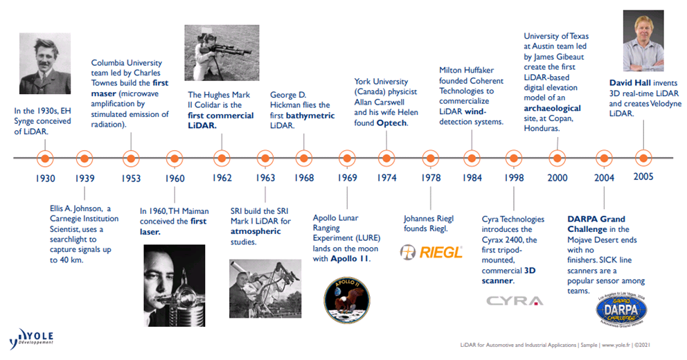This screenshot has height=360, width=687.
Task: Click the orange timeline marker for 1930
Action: tap(45, 158)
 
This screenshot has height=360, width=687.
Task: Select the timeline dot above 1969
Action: tap(347, 158)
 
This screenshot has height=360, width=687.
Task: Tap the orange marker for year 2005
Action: tap(643, 158)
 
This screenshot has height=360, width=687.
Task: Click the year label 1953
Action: tap(131, 178)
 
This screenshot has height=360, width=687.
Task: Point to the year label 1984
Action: tap(472, 178)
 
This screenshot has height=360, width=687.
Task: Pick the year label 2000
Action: tap(557, 178)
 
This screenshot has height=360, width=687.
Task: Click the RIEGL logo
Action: tap(431, 252)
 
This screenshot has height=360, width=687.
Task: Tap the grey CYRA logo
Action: tap(515, 301)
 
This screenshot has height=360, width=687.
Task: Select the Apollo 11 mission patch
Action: tap(347, 300)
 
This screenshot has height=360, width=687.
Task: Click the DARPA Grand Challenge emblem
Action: tap(621, 309)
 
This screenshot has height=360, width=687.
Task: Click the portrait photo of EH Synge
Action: tap(45, 64)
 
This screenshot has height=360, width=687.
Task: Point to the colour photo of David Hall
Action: tap(643, 41)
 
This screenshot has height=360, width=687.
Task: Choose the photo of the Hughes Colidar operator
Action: tap(222, 53)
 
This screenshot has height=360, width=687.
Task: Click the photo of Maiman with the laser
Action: tap(175, 285)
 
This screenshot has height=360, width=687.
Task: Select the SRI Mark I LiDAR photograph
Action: tap(265, 289)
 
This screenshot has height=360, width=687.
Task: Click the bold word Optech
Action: tap(392, 123)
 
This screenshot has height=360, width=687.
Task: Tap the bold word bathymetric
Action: tap(310, 116)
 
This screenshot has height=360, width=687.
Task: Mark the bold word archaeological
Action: tap(553, 108)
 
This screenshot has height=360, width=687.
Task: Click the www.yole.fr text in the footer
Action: tap(616, 345)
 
